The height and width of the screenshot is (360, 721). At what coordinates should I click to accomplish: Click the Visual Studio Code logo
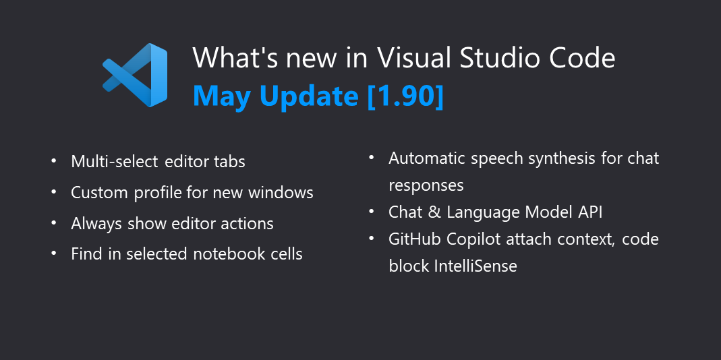(135, 75)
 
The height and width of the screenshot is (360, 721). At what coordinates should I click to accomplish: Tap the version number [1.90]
(405, 96)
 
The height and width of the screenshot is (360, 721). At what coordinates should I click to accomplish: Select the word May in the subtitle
(223, 97)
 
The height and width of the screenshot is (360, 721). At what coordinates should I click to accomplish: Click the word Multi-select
(113, 162)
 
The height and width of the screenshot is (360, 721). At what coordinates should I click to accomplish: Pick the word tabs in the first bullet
(229, 162)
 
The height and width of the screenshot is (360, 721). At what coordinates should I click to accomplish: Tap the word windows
(281, 193)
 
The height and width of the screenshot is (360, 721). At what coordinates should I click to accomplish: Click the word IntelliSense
(476, 266)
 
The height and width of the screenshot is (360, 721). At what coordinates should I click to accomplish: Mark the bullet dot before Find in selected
(54, 253)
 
